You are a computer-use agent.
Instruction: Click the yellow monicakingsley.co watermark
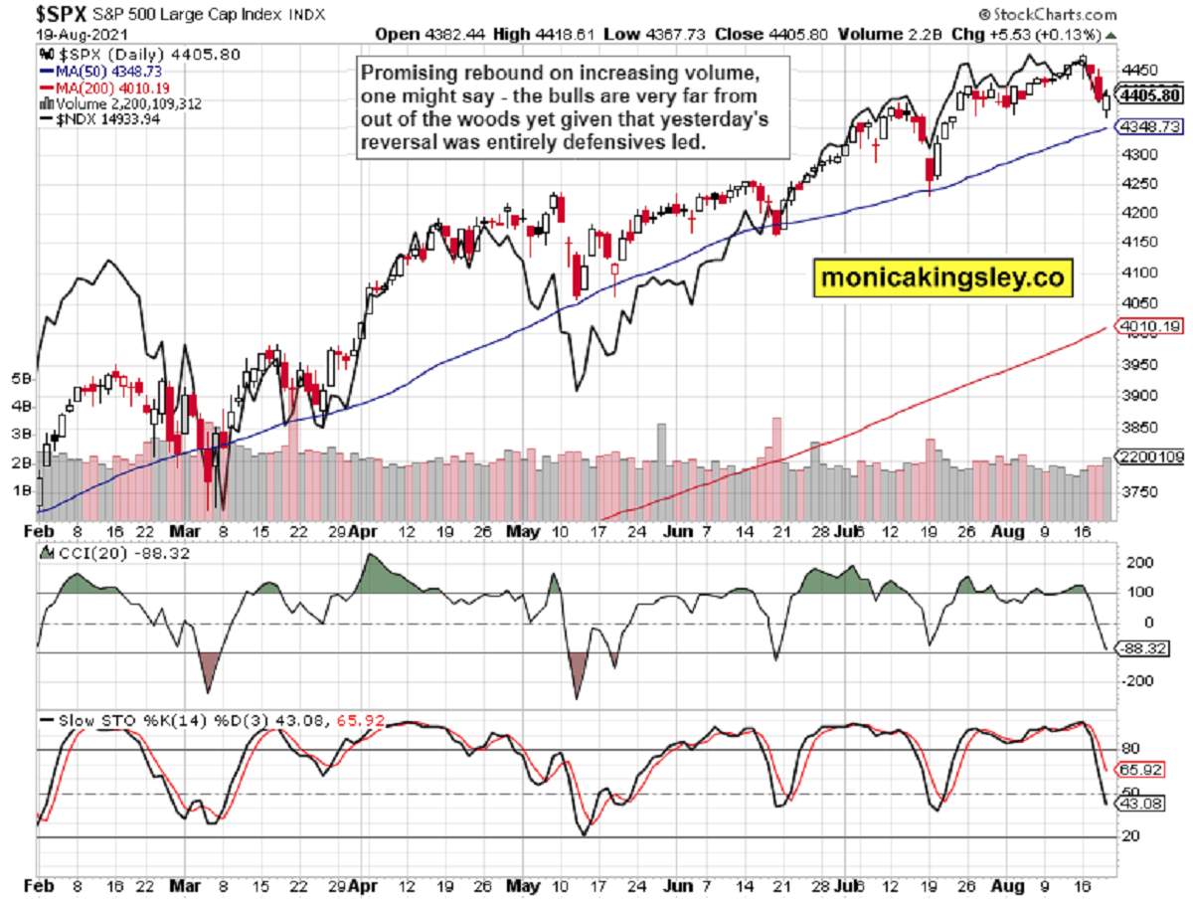click(943, 279)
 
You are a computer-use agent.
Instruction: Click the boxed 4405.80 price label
click(1148, 96)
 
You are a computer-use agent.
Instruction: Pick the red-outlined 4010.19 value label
click(1149, 325)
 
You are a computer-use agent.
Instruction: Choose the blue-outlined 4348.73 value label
click(1149, 127)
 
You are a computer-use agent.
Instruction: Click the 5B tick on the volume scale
click(20, 379)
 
